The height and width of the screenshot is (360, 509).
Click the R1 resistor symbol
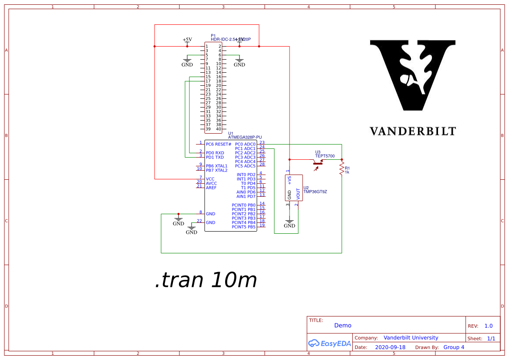point(342,172)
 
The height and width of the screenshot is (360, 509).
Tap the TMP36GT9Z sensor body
point(293,188)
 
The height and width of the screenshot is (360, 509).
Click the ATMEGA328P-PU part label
point(245,138)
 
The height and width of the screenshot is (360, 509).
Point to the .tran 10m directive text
point(206,280)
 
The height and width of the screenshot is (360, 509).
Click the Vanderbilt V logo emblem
point(412,74)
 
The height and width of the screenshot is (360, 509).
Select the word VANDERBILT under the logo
point(412,131)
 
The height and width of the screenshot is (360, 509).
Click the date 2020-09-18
point(390,347)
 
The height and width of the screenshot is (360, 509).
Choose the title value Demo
point(343,325)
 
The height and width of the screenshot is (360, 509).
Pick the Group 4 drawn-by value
point(454,347)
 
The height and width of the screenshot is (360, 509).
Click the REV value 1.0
point(489,326)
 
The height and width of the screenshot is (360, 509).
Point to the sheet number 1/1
point(491,339)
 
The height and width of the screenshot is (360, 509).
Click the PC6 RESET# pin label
point(219,144)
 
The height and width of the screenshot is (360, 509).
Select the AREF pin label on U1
point(211,188)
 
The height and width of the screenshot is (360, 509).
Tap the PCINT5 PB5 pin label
point(243,227)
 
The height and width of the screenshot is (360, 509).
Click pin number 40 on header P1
point(219,129)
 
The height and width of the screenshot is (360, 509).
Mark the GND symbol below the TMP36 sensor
point(290,224)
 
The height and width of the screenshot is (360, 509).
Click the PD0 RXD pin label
point(215,153)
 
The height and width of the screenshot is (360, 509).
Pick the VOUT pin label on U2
point(298,194)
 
